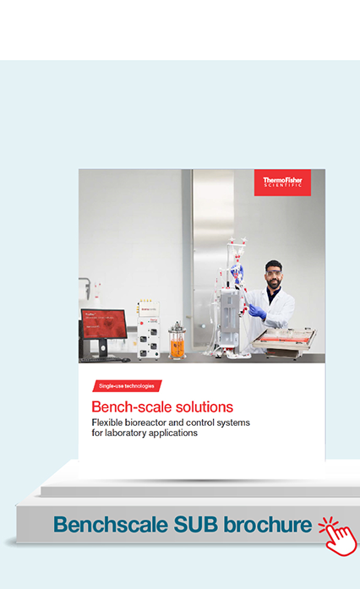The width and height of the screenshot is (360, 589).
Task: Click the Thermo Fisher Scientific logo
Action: (x=282, y=183)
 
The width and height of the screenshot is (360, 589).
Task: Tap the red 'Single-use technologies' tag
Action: (x=127, y=386)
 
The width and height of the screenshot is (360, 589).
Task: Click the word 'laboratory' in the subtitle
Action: (x=126, y=434)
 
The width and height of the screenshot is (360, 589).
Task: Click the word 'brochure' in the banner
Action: (x=268, y=525)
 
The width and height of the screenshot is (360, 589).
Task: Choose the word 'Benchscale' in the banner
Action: (x=111, y=525)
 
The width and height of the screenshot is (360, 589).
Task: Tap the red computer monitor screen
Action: (x=104, y=323)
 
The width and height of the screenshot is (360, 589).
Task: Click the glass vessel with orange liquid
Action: (x=177, y=341)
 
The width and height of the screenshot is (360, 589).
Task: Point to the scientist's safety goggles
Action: (x=273, y=273)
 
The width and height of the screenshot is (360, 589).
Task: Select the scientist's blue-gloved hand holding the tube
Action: (x=258, y=311)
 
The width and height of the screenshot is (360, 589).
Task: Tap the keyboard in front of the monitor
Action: (x=101, y=359)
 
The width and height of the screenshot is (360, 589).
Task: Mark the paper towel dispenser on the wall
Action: (x=85, y=287)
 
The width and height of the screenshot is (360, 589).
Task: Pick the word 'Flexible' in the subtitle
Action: (x=107, y=423)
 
